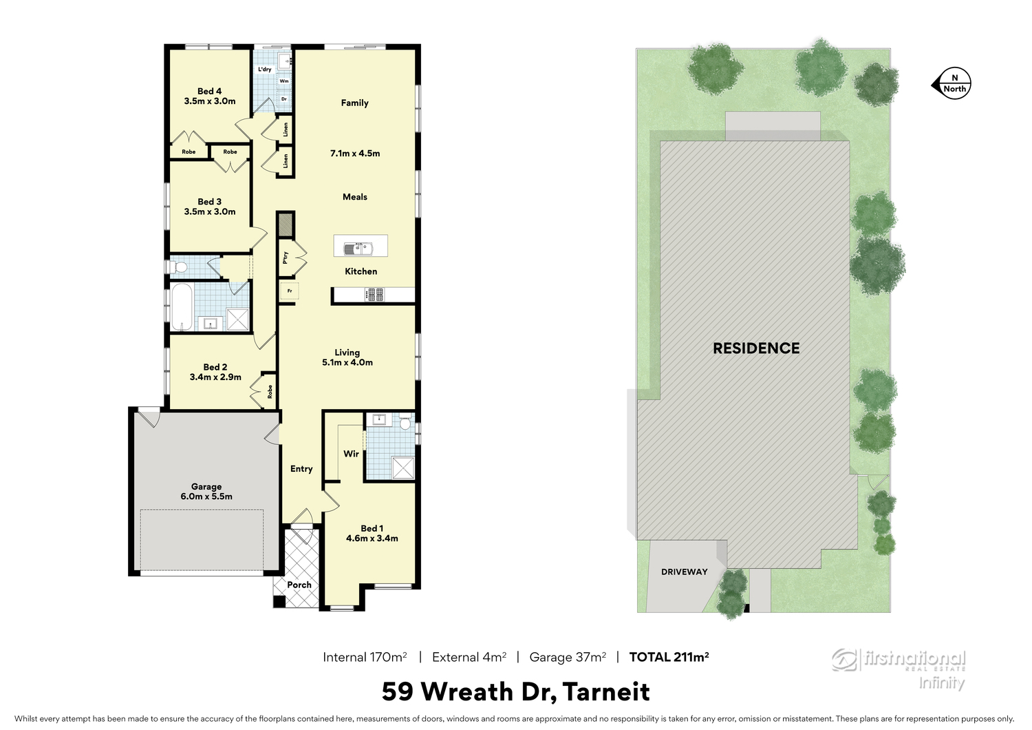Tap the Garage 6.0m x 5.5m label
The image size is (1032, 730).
(206, 491)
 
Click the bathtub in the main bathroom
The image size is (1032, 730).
(182, 306)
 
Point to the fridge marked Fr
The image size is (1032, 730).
(290, 291)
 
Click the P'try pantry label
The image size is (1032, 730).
(286, 258)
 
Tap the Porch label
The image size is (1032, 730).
(299, 585)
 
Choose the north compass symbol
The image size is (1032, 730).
(952, 85)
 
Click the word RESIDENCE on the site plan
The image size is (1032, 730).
(756, 348)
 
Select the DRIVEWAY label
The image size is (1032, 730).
(684, 572)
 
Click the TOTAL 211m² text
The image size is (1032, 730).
(669, 657)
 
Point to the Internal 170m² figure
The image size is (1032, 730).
(365, 657)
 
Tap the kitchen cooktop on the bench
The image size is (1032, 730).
(374, 294)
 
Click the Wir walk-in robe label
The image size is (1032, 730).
(351, 454)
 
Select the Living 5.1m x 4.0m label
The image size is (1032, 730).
(347, 357)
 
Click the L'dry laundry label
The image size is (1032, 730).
(264, 69)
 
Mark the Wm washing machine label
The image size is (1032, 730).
(284, 81)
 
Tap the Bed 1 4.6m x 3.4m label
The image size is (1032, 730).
(372, 533)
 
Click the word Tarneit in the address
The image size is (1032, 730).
(606, 691)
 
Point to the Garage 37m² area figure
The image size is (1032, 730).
(568, 657)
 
